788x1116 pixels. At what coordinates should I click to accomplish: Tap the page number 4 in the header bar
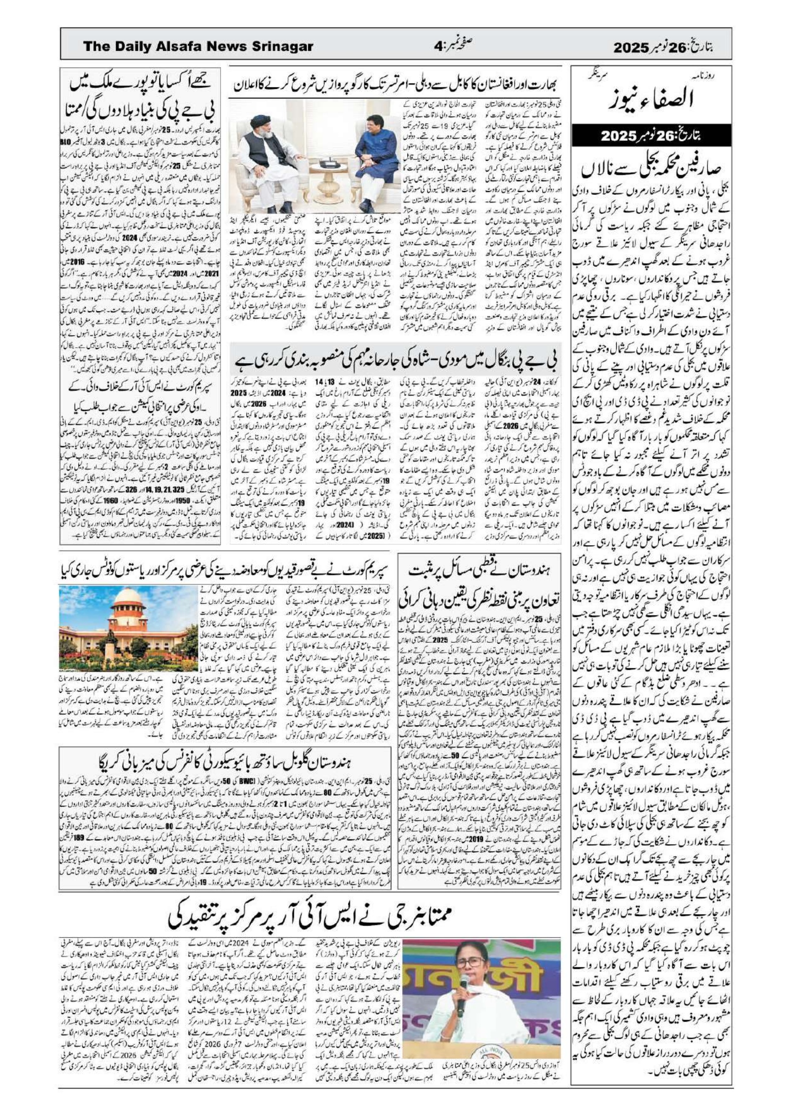[x=438, y=47]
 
